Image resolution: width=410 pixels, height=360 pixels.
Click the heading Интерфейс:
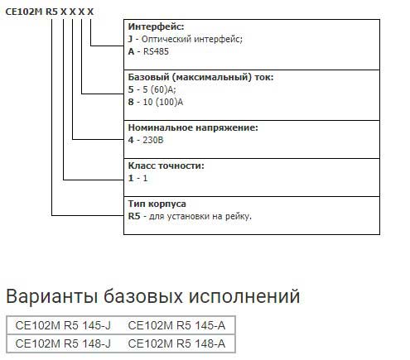click(156, 26)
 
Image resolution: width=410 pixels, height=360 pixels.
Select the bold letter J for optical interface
click(130, 39)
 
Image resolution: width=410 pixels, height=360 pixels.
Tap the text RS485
click(156, 51)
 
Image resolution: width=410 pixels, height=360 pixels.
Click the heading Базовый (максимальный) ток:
click(200, 77)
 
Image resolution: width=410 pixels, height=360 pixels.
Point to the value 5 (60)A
click(159, 89)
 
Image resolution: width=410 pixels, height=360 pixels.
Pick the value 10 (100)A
click(163, 102)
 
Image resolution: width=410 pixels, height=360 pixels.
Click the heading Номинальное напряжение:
click(193, 127)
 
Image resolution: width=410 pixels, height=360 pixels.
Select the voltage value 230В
click(153, 140)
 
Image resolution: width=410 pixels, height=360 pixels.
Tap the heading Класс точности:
click(166, 166)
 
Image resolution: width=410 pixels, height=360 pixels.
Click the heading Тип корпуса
click(157, 204)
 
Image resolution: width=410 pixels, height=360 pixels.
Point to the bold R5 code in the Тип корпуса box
click(134, 216)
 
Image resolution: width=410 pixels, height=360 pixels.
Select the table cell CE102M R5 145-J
click(63, 325)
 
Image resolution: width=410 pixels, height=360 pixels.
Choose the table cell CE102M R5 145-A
click(176, 325)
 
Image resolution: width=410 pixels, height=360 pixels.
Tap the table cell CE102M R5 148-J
click(63, 343)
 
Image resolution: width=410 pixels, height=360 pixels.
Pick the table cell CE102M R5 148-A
click(176, 343)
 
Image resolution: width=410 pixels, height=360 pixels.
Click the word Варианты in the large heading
click(52, 296)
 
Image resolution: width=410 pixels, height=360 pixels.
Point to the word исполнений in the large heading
click(244, 296)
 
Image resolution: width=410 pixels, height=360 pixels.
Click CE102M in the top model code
click(24, 12)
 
